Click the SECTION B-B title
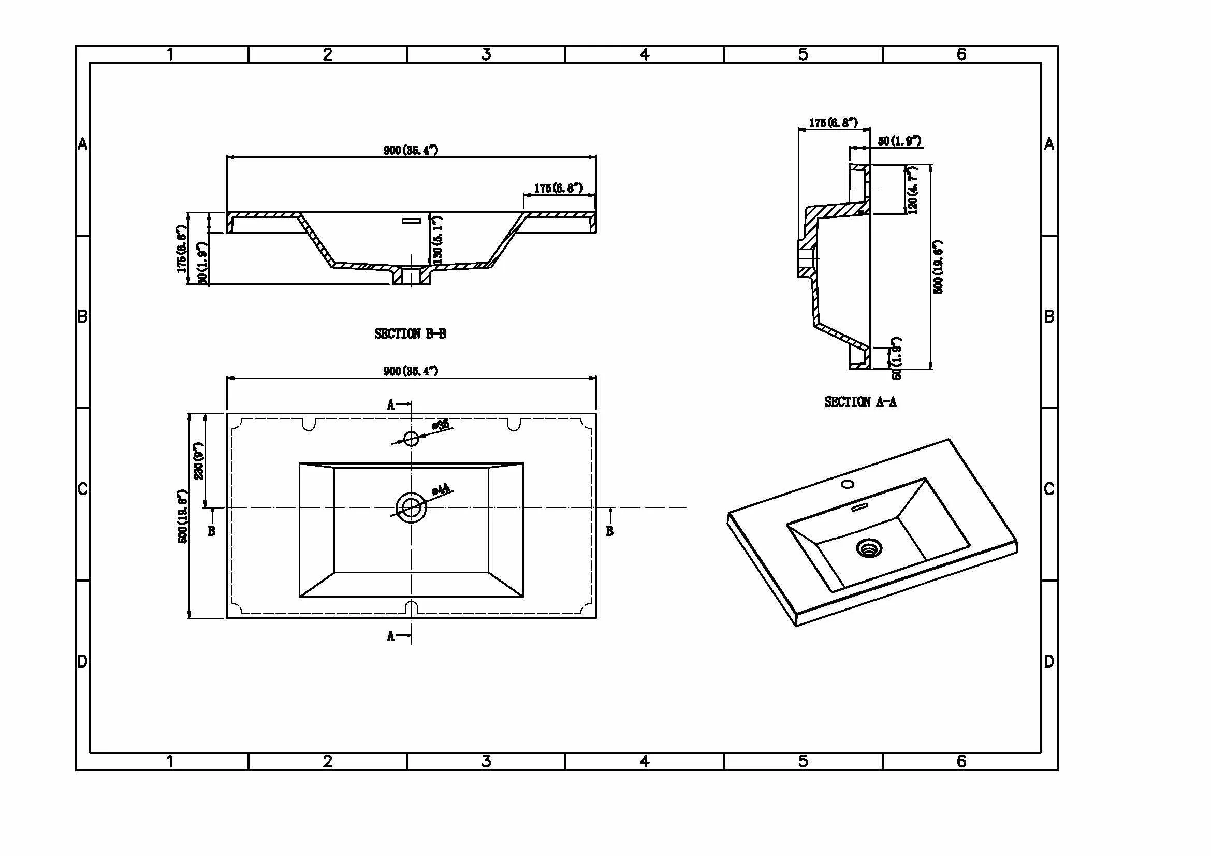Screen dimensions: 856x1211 coord(411,334)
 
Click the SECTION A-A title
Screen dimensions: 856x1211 coord(860,402)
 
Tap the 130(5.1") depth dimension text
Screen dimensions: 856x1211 coord(437,239)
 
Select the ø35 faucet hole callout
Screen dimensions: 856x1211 coord(441,425)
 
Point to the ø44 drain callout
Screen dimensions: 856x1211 coord(441,489)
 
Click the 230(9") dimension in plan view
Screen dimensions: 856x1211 coord(199,460)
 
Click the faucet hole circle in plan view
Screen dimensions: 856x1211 coord(411,438)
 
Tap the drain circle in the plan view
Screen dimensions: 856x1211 coord(411,507)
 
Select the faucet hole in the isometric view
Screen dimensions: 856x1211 coord(848,484)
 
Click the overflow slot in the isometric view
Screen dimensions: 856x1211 coord(860,507)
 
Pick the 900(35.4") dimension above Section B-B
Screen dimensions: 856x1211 coord(411,150)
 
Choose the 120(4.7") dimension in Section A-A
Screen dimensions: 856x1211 coord(912,190)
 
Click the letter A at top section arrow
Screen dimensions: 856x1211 coord(390,405)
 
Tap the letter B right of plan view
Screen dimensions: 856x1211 coord(610,531)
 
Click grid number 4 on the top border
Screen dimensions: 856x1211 coord(645,54)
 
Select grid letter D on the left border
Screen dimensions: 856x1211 coord(82,661)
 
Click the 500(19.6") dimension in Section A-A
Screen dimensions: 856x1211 coord(938,267)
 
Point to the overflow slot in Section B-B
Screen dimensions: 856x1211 coord(412,221)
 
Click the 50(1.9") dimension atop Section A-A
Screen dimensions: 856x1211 coord(899,141)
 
